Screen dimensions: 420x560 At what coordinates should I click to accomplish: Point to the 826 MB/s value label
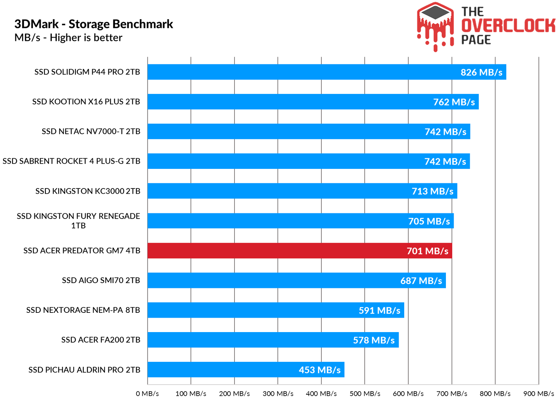click(x=481, y=73)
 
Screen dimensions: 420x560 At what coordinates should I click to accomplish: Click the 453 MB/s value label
click(x=320, y=370)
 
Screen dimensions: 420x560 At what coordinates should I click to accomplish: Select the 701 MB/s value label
click(x=427, y=251)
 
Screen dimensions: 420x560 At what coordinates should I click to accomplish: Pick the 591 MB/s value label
click(x=379, y=310)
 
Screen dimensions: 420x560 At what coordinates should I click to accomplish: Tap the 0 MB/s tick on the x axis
click(x=147, y=394)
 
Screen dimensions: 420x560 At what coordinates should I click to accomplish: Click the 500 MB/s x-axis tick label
click(x=365, y=394)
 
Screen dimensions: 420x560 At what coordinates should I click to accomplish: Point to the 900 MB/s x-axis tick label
click(x=539, y=394)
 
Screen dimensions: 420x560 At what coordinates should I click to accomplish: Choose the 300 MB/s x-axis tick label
click(x=278, y=394)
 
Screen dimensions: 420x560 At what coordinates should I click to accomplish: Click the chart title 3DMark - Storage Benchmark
click(x=93, y=24)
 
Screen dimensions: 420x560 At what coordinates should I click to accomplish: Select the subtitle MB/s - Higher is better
click(x=68, y=37)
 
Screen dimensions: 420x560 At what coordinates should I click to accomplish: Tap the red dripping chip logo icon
click(x=435, y=26)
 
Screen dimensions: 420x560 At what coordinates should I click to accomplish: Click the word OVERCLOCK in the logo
click(x=508, y=26)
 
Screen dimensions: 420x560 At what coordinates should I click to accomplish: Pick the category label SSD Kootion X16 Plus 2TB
click(x=86, y=102)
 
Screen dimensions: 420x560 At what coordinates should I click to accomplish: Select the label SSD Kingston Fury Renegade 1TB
click(x=78, y=221)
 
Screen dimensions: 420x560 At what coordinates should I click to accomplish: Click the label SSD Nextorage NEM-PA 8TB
click(x=83, y=310)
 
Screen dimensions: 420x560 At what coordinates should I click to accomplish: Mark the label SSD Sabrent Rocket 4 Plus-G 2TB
click(x=71, y=161)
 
